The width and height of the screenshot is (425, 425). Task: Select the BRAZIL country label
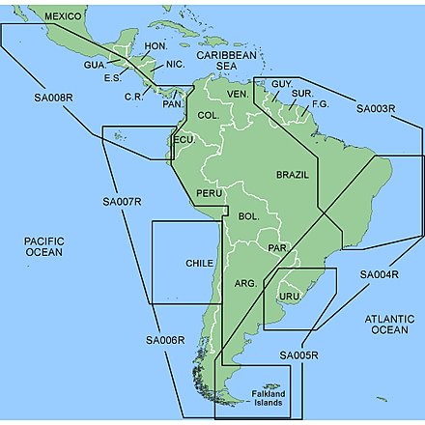293,175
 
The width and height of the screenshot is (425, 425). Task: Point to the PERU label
210,194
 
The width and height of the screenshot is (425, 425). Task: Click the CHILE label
199,263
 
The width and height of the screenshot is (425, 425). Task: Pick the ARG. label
245,284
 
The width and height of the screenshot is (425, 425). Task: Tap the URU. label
290,296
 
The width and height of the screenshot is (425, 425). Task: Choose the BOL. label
248,216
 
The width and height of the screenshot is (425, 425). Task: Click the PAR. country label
278,248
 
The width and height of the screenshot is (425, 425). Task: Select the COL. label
208,115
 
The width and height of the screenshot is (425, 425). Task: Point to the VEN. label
238,93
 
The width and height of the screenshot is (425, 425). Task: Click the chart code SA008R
53,99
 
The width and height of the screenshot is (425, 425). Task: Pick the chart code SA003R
376,108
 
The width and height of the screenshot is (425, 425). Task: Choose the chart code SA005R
299,356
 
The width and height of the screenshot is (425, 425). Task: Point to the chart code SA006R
165,339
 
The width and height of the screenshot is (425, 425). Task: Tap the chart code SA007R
122,202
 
